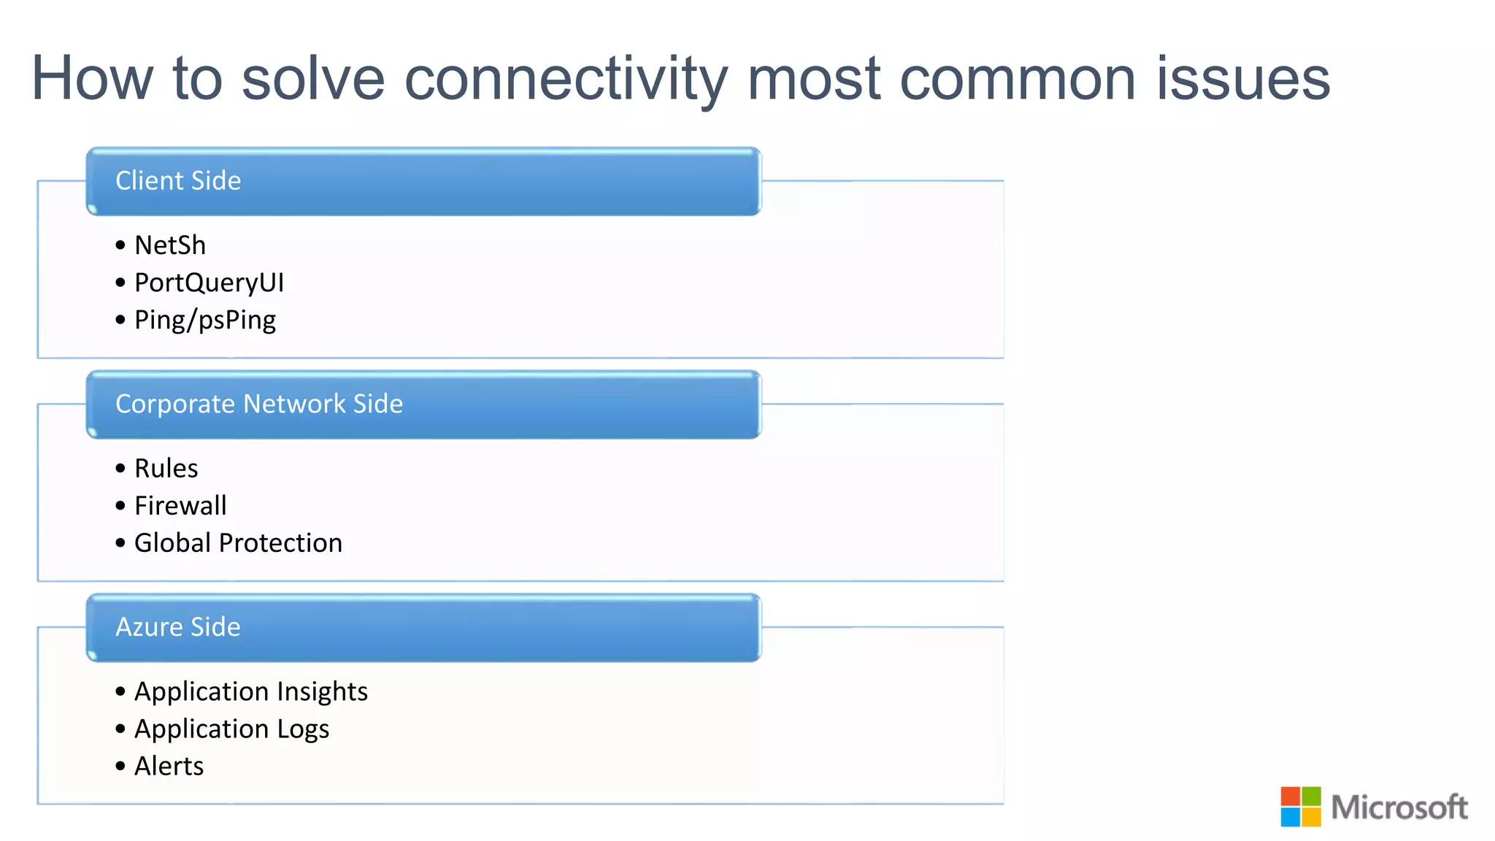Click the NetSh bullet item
pyautogui.click(x=170, y=245)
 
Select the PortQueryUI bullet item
pyautogui.click(x=209, y=283)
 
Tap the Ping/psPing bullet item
pyautogui.click(x=205, y=320)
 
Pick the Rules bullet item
pyautogui.click(x=166, y=468)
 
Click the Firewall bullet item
pyautogui.click(x=180, y=505)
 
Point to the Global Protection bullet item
pyautogui.click(x=238, y=542)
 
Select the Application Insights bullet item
pyautogui.click(x=251, y=691)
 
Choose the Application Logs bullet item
pyautogui.click(x=231, y=729)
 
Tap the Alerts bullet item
pyautogui.click(x=169, y=766)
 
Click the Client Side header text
pyautogui.click(x=178, y=180)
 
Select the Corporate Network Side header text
pyautogui.click(x=259, y=404)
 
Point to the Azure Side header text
pyautogui.click(x=178, y=627)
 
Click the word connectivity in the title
pyautogui.click(x=566, y=79)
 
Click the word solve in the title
pyautogui.click(x=313, y=79)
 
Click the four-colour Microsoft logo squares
pyautogui.click(x=1300, y=807)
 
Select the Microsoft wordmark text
pyautogui.click(x=1399, y=807)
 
